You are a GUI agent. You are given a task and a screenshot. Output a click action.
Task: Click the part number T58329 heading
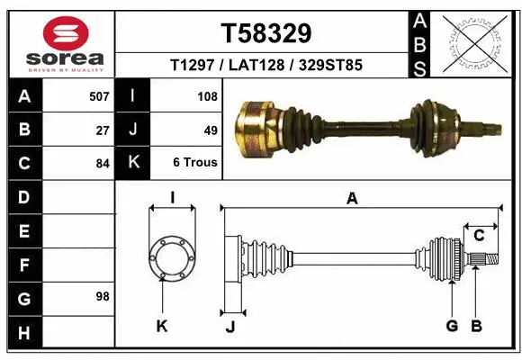click(266, 33)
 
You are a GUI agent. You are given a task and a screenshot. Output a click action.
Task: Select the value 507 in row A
click(98, 96)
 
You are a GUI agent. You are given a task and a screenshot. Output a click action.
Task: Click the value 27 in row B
click(103, 130)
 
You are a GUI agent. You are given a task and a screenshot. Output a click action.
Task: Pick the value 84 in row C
click(102, 164)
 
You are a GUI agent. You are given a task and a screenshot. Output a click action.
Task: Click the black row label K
click(132, 164)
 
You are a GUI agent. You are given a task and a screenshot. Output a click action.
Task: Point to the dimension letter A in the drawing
click(352, 199)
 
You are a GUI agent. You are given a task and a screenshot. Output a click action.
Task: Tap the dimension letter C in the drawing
click(479, 236)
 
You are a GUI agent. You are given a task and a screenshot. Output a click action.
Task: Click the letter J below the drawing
click(229, 327)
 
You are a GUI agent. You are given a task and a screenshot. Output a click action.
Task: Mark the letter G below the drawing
click(452, 326)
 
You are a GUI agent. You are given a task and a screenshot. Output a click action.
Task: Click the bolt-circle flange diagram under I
click(171, 257)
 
